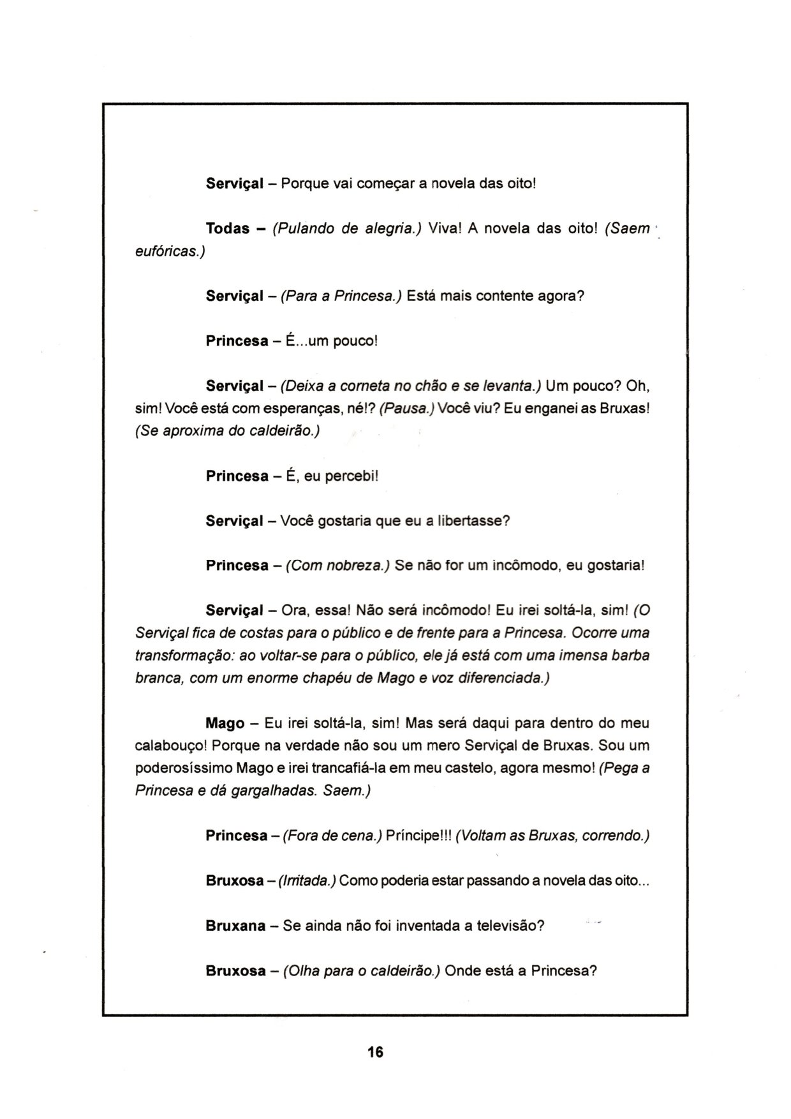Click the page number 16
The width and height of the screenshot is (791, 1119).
[375, 1052]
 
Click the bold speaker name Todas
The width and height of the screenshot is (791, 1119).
[227, 229]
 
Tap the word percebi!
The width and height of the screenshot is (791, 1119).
[351, 476]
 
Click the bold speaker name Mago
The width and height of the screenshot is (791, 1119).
[225, 724]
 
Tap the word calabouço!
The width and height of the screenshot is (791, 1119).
[170, 746]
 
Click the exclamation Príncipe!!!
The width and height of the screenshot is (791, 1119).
[418, 836]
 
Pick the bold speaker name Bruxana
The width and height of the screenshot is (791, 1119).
[235, 926]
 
